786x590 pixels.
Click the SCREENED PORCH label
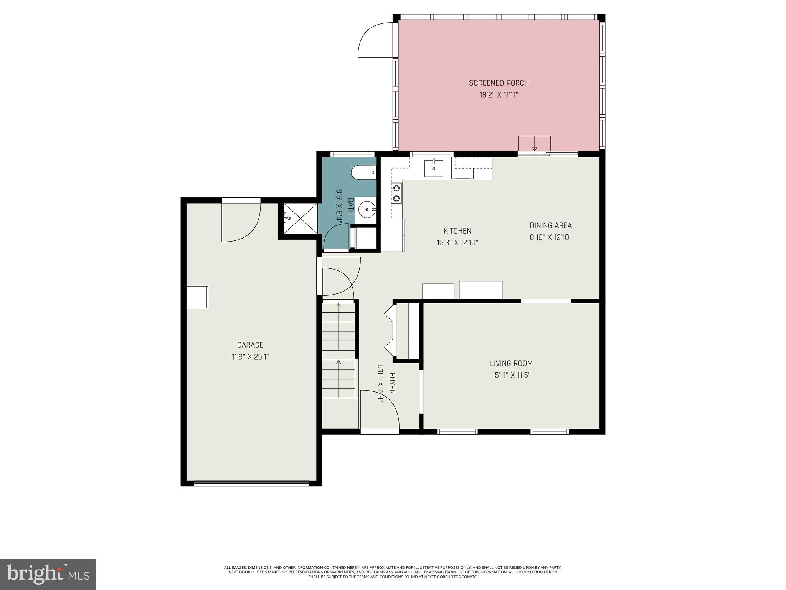pos(499,83)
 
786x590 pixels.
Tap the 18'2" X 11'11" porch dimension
pos(499,95)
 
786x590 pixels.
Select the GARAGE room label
pos(250,345)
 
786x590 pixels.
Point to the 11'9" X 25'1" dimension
pos(250,357)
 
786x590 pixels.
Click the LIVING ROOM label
pos(511,363)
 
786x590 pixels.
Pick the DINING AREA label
pos(551,226)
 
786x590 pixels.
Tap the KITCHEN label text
pos(457,231)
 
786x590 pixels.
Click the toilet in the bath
pos(363,172)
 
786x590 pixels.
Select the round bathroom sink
pos(367,210)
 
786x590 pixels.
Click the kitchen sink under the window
pos(434,169)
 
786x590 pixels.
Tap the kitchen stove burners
pos(396,193)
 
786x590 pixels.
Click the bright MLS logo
pos(48,574)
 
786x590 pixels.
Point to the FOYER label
pos(392,383)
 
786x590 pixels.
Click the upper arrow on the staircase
pos(339,306)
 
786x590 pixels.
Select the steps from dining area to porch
pos(534,144)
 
